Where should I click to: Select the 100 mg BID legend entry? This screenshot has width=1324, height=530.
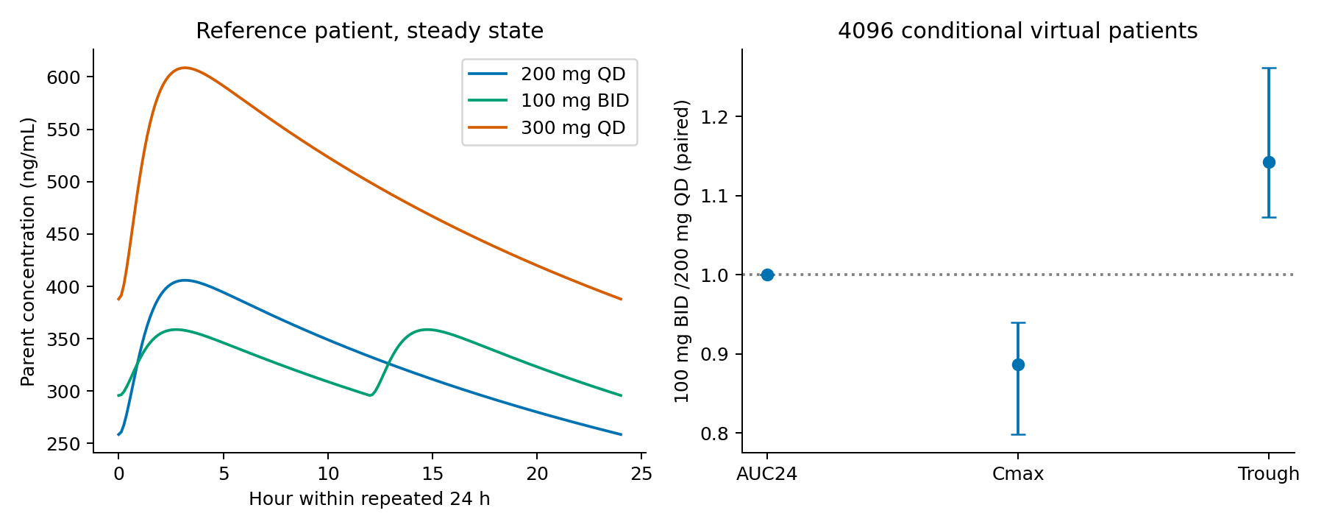pos(549,101)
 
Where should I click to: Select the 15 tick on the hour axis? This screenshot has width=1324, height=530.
pos(433,474)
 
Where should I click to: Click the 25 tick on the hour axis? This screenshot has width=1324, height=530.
pos(642,474)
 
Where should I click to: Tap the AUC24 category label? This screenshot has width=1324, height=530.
pos(767,474)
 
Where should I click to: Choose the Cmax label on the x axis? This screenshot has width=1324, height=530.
pos(1018,474)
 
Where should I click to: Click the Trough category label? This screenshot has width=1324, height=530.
pos(1269,474)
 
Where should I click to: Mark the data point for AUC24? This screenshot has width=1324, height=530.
pos(767,275)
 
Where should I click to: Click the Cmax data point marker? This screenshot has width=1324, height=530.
pos(1018,364)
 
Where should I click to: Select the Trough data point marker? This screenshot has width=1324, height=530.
pos(1269,162)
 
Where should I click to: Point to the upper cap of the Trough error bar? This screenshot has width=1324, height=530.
pos(1269,68)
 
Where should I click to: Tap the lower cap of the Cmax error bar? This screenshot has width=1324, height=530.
pos(1018,434)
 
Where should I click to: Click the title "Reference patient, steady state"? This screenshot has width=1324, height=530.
pos(369,31)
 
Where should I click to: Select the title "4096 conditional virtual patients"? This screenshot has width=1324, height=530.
pos(1018,31)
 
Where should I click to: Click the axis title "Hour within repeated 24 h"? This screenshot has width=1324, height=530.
pos(369,499)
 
